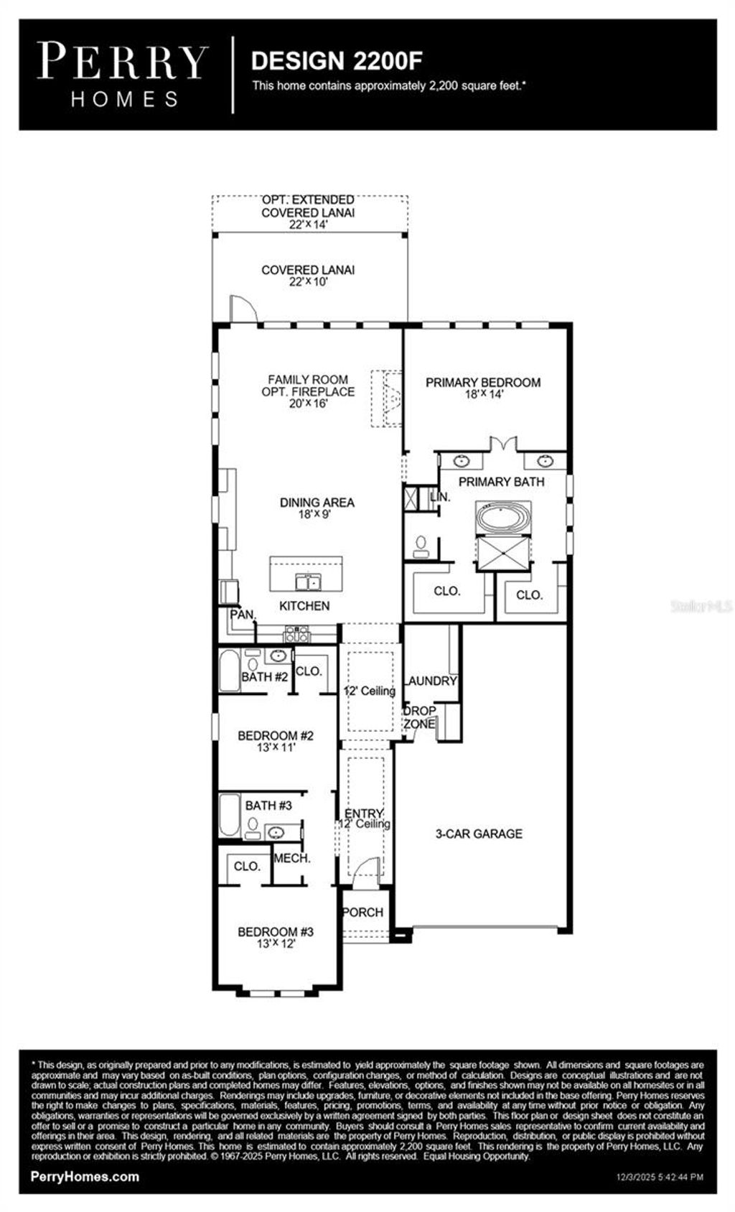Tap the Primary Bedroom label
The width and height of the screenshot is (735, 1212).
pos(482,383)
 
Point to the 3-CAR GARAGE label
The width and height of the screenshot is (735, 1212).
pos(479,834)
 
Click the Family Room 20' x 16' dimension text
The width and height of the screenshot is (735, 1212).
pos(308,404)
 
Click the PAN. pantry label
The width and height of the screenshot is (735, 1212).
pos(243,615)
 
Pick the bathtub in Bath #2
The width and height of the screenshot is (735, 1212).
pos(229,671)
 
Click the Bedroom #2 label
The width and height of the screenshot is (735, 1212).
pos(276,735)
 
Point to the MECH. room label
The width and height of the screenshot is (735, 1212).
pos(292,858)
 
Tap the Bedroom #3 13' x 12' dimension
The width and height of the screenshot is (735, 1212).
pos(276,944)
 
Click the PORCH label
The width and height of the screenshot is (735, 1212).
pos(362,912)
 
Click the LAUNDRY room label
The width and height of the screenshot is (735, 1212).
pos(431,681)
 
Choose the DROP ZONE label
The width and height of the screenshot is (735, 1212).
pos(419,717)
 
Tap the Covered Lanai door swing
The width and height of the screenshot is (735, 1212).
pos(242,309)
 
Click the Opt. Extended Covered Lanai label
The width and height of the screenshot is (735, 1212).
pos(308,206)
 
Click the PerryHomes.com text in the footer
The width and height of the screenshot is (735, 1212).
pos(85,1176)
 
